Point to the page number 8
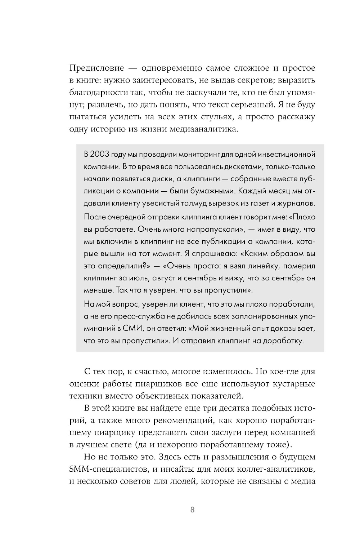pyautogui.click(x=192, y=510)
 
